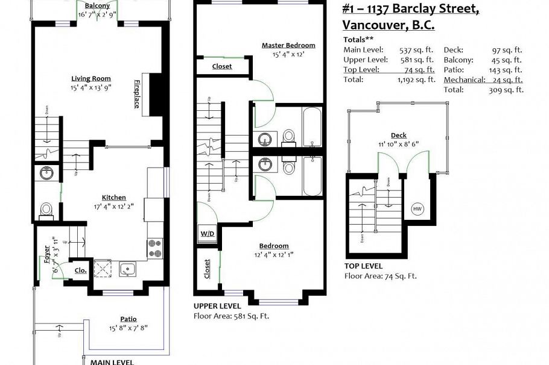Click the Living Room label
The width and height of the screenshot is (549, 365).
[x=91, y=78]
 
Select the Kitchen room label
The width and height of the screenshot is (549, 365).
[x=113, y=197]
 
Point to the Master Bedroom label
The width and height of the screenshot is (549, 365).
[x=288, y=45]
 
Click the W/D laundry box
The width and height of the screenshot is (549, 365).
[x=206, y=233]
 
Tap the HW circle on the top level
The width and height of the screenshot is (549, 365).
[x=417, y=209]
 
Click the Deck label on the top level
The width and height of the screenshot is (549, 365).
[x=398, y=136]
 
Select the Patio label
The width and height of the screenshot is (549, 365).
[x=128, y=319]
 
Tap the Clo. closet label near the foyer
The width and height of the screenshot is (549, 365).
[x=80, y=270]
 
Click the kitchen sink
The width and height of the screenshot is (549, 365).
[x=127, y=268]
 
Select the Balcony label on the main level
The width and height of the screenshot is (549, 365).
[x=97, y=5]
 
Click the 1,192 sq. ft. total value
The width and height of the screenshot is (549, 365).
[x=416, y=80]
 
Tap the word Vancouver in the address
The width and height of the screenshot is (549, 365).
[x=370, y=25]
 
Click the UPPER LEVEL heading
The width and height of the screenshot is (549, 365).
[x=217, y=306]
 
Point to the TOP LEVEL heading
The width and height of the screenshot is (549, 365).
[x=363, y=266]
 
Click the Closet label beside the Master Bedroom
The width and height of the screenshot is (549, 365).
[x=221, y=66]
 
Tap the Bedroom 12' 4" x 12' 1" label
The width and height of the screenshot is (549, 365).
[x=273, y=246]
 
